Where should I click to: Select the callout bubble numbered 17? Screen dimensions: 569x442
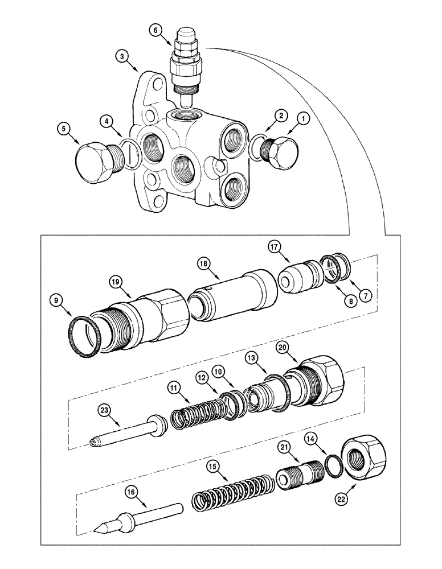[275, 247]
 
